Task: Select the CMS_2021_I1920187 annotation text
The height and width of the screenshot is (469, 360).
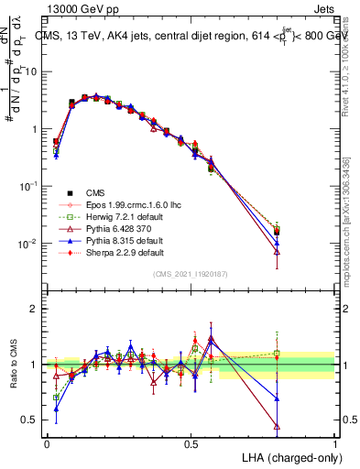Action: point(190,274)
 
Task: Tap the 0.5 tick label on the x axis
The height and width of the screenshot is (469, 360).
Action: point(191,444)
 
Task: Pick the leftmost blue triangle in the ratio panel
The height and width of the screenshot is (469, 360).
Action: point(56,409)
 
